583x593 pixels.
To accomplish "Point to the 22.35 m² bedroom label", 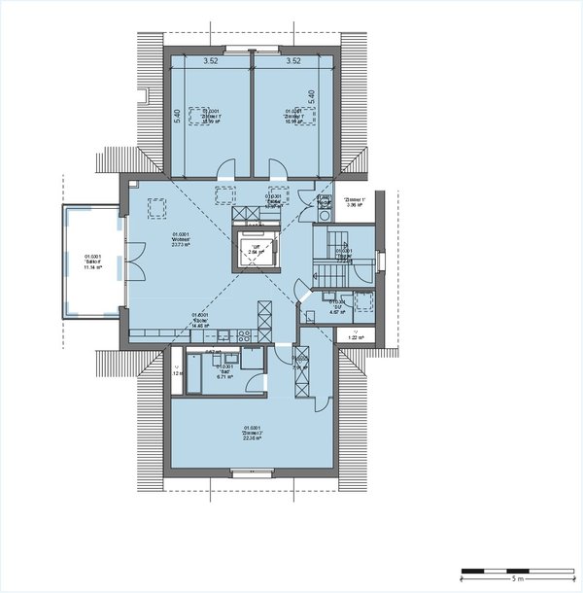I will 254,432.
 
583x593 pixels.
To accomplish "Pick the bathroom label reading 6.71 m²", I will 223,368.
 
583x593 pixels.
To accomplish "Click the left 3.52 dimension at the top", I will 210,60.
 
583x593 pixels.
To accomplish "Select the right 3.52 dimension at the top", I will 293,60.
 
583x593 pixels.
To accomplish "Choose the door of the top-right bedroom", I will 280,167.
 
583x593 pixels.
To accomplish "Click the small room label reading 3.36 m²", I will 352,204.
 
